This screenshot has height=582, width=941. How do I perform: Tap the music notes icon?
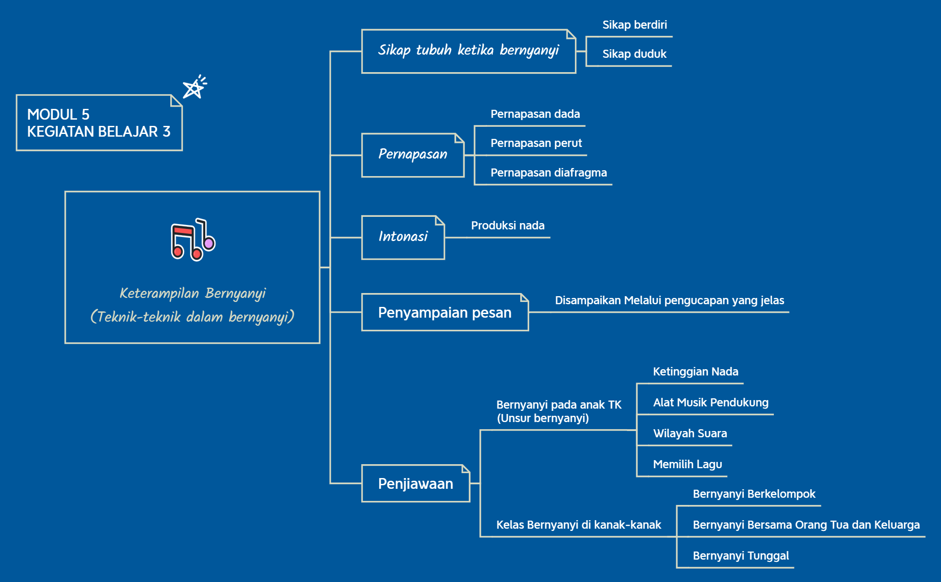[193, 240]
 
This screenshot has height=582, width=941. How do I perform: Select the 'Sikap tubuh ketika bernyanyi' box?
[468, 51]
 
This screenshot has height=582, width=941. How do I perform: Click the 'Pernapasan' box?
[413, 155]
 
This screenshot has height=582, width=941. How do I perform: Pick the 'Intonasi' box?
[403, 237]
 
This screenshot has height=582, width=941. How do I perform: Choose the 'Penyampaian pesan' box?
[445, 312]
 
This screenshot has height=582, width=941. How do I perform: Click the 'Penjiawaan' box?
[415, 483]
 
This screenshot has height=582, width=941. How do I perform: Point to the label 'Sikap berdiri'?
[634, 25]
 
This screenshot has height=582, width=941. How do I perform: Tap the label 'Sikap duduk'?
[634, 54]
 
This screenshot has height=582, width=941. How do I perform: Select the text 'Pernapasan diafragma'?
[548, 173]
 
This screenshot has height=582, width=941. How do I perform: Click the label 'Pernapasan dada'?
[535, 114]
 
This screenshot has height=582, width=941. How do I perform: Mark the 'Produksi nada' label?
[508, 226]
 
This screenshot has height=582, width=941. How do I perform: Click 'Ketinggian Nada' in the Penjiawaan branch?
[695, 372]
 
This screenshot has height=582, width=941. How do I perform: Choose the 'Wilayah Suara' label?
[690, 434]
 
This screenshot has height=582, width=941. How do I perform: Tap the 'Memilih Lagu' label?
[687, 465]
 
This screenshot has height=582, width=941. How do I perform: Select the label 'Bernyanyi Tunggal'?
[741, 556]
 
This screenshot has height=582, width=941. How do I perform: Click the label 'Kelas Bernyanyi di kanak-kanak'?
[578, 525]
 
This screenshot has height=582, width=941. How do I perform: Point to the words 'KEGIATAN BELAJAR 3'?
[99, 132]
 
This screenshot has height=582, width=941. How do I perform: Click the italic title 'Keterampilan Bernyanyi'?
[193, 293]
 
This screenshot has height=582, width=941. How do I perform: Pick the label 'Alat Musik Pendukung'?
[711, 403]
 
